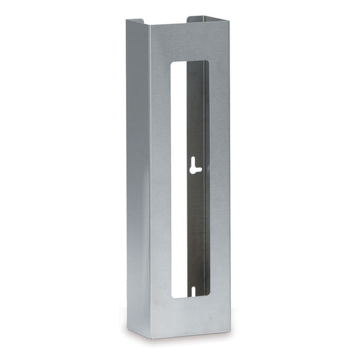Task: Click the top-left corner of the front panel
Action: pos(148,24)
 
